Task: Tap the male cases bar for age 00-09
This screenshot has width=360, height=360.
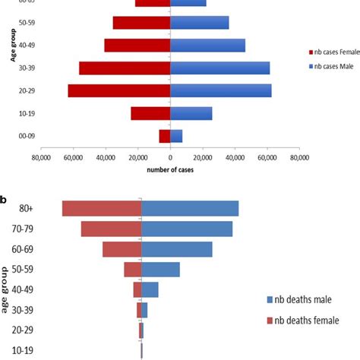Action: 176,136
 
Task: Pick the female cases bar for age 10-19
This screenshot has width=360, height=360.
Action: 150,113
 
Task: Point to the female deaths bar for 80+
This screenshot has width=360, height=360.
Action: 102,208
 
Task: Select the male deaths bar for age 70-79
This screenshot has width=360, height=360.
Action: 187,229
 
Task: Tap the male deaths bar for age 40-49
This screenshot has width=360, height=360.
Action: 150,289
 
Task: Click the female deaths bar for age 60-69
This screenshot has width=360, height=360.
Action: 122,249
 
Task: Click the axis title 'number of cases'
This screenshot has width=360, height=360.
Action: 170,169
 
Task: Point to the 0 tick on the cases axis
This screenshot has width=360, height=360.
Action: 170,157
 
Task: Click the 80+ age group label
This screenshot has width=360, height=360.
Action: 25,209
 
